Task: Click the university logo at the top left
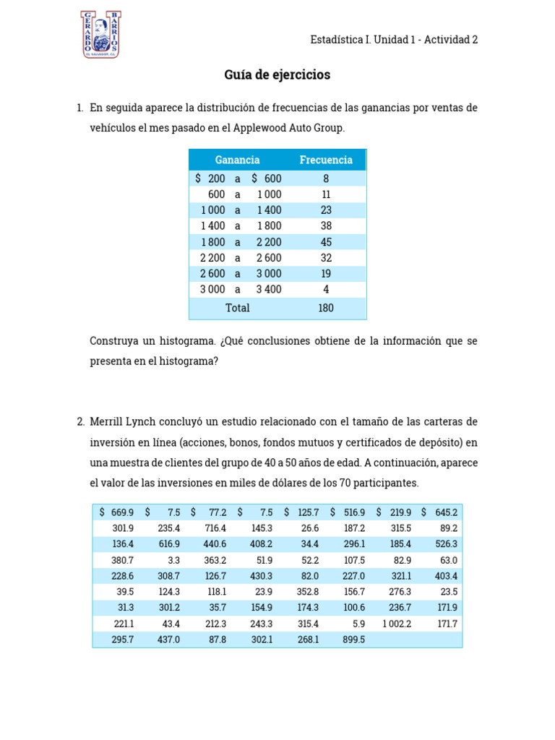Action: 101,34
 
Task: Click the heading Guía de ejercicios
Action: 277,75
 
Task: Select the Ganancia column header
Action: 237,160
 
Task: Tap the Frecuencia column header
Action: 326,160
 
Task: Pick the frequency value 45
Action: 326,242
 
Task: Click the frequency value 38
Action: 326,226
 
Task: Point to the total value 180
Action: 326,308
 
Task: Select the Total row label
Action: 237,308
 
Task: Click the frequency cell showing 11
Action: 326,194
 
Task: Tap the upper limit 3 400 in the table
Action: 269,289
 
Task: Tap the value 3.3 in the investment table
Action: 172,560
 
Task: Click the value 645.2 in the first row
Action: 444,512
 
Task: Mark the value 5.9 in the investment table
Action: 358,624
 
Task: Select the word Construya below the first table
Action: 115,340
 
